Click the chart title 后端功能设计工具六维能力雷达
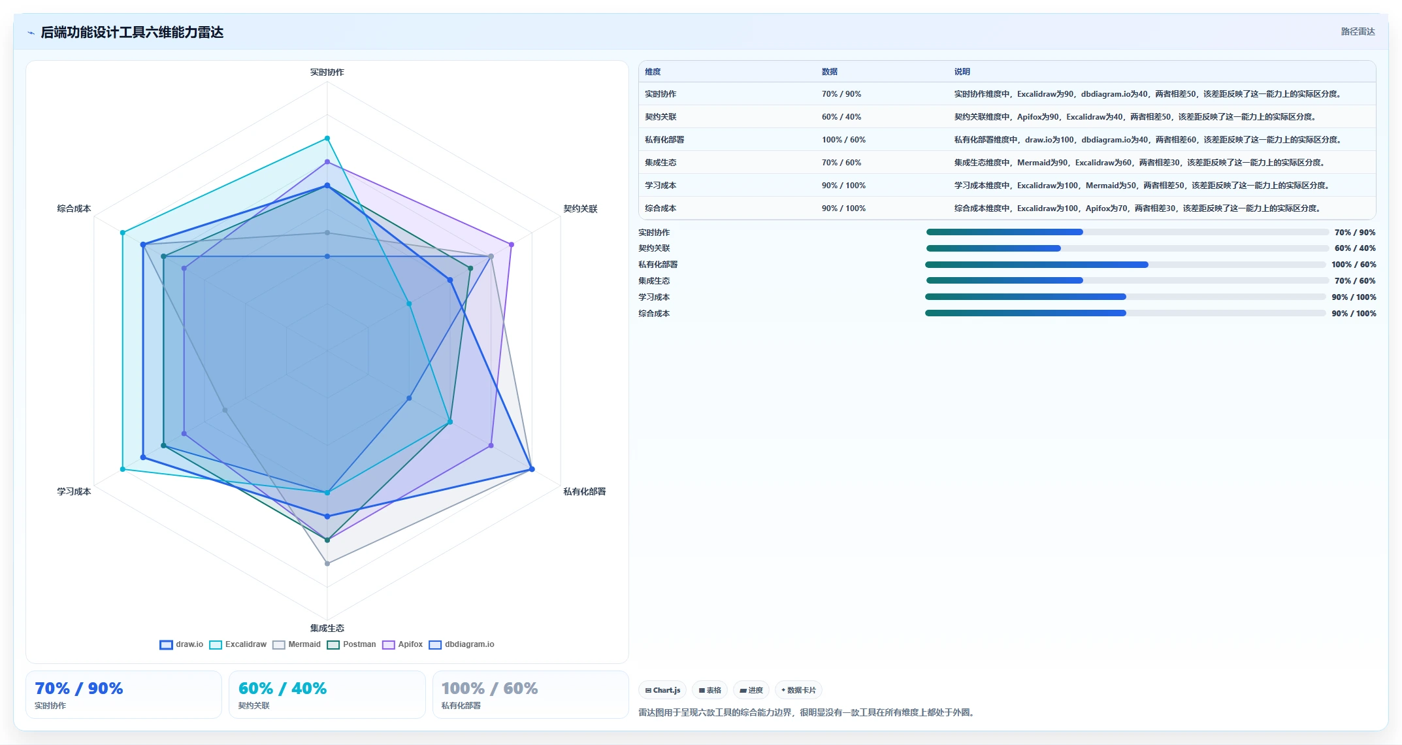(x=132, y=32)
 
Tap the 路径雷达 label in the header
(x=1358, y=31)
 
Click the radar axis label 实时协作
(x=327, y=72)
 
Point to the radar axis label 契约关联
(x=580, y=208)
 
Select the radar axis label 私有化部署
(x=585, y=491)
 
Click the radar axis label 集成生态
(x=327, y=628)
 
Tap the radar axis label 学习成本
(x=74, y=491)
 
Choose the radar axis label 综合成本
(x=74, y=208)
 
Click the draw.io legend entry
(x=182, y=644)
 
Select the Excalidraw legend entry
(x=238, y=644)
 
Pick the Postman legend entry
(x=351, y=644)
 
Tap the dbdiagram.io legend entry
(x=462, y=644)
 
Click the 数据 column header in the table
(x=830, y=72)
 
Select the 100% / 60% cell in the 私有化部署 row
(x=843, y=140)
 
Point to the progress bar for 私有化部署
(x=1126, y=265)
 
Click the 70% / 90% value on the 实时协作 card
(x=79, y=688)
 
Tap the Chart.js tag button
(x=662, y=690)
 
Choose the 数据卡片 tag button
(x=798, y=690)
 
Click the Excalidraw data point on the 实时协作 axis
(x=327, y=139)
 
